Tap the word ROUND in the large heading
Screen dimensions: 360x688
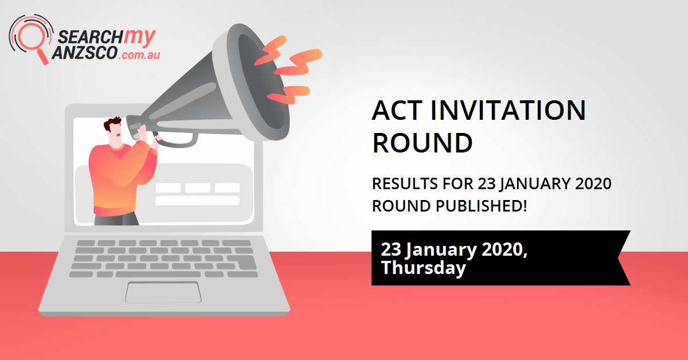pyautogui.click(x=422, y=143)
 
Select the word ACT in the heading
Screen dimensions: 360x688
pyautogui.click(x=396, y=111)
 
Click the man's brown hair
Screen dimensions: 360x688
pyautogui.click(x=113, y=124)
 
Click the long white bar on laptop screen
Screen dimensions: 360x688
pyautogui.click(x=197, y=200)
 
